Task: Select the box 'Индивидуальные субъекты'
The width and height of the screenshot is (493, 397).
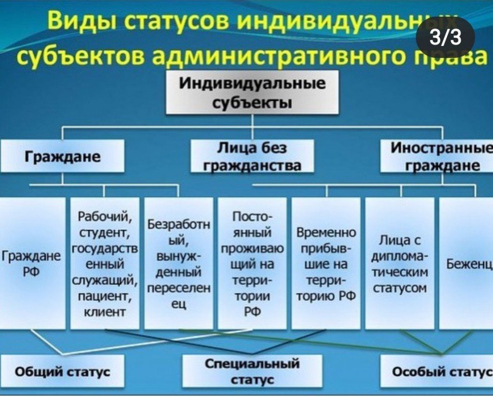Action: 252,92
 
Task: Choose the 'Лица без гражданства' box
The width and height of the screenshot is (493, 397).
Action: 252,157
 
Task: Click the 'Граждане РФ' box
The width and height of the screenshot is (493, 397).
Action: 32,263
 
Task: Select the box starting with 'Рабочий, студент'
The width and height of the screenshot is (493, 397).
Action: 105,263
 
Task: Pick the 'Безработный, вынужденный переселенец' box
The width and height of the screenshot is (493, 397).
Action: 179,263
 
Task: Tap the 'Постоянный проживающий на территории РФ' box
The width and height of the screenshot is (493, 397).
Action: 252,263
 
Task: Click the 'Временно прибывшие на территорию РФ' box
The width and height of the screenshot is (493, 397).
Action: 326,263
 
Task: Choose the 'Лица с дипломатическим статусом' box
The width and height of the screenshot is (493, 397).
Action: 399,263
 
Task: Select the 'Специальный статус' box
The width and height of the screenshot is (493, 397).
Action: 252,371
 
